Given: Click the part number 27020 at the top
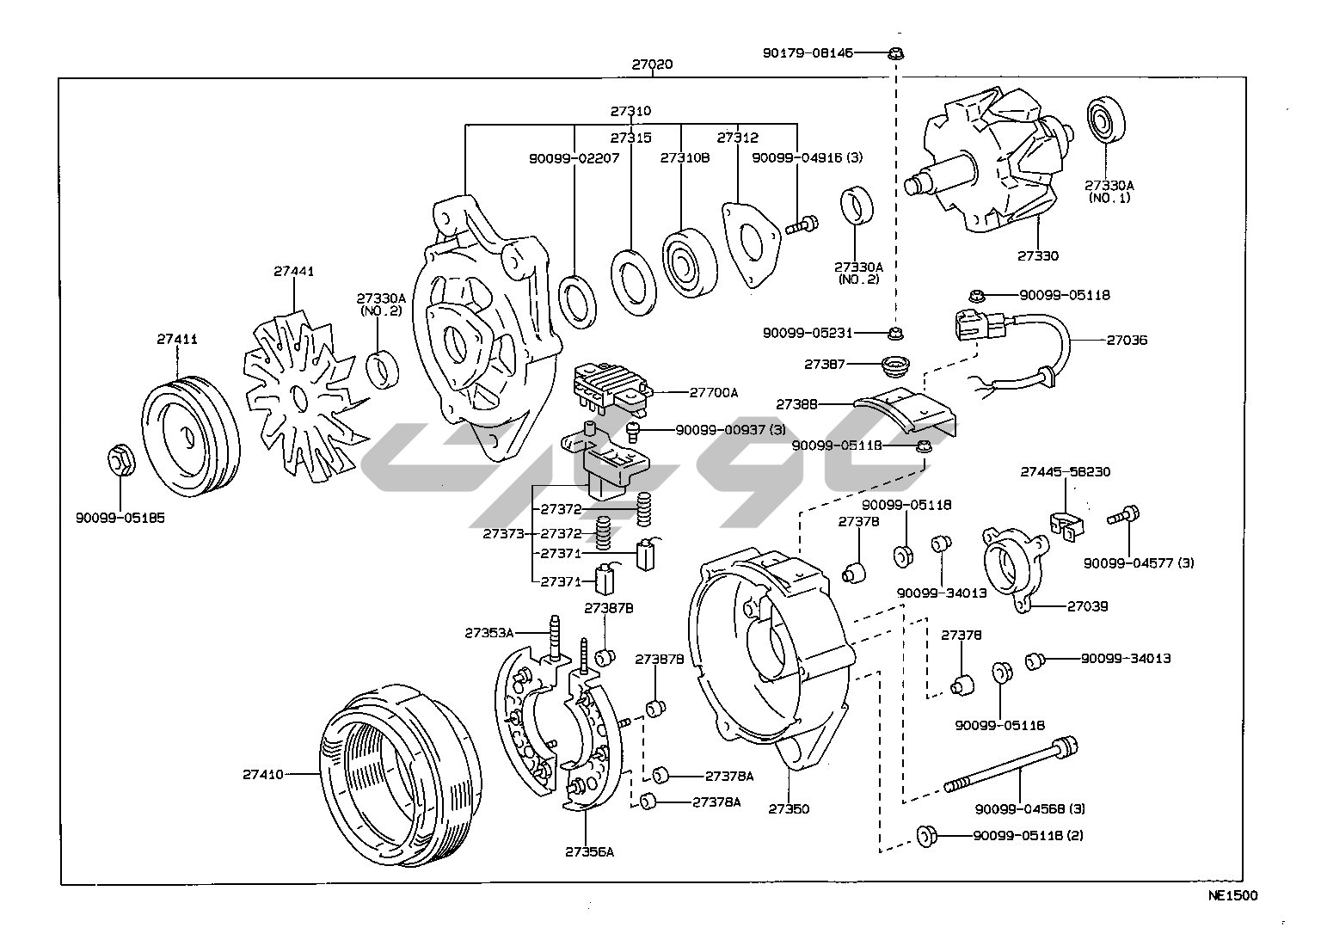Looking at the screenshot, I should pos(652,64).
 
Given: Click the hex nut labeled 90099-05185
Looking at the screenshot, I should pos(120,462).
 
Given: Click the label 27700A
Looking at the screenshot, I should pos(713,393).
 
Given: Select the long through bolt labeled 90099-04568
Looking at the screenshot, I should pos(1011,765).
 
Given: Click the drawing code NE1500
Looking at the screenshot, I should pos(1232,896).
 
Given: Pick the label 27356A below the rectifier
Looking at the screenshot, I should pos(589,852).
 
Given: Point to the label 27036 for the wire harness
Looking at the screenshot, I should pos(1127,341).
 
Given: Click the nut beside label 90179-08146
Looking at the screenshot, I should pos(895,53).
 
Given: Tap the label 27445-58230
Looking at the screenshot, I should pos(1065,472).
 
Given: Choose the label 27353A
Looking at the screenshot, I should pos(488,632).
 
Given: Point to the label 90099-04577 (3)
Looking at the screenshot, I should pos(1139,563).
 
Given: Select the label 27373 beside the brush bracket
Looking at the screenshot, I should pos(502,533).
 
